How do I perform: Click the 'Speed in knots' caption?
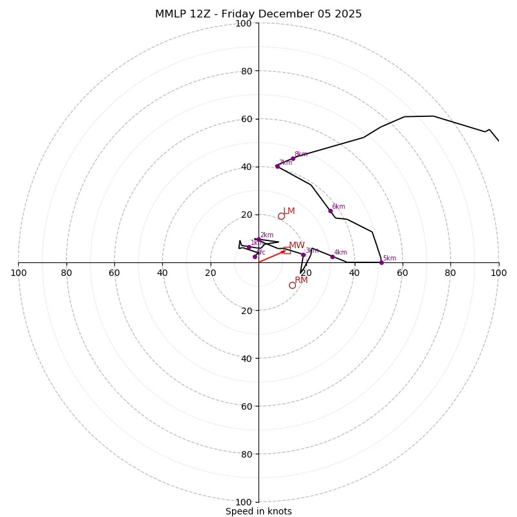pos(258,511)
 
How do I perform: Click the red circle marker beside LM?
pos(281,216)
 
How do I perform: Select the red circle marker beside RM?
pos(292,285)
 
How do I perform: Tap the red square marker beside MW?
pos(287,250)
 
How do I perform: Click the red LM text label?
pos(289,211)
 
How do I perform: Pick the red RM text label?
pos(301,280)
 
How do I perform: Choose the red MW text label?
pos(297,246)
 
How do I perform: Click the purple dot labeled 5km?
pos(381,262)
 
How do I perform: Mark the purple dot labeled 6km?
pos(330,211)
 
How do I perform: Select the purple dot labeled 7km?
pos(277,166)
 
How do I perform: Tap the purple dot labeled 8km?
pos(293,158)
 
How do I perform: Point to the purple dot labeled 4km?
pos(332,257)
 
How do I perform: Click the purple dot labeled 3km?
pos(303,255)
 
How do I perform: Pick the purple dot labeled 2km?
pos(258,239)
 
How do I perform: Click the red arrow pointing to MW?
pos(272,256)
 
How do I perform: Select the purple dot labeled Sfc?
pos(255,257)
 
